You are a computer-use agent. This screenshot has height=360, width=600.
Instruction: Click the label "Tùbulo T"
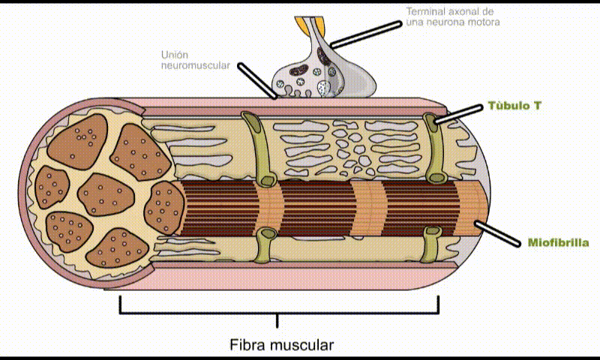click(514, 106)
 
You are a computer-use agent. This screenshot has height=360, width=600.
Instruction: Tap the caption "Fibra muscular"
click(281, 346)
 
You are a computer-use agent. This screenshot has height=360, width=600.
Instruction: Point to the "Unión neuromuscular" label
click(195, 60)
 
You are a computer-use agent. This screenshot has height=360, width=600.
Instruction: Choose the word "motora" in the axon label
click(483, 22)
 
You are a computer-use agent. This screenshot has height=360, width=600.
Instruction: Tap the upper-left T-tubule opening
click(249, 118)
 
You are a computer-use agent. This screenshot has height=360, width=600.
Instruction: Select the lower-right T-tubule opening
click(430, 232)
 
